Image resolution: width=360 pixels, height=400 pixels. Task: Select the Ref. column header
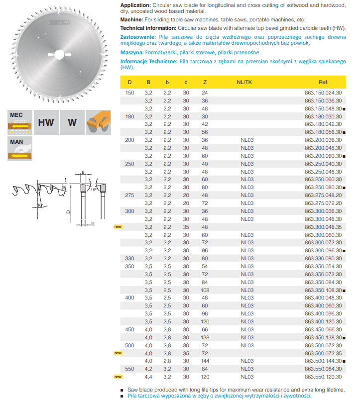click(x=324, y=82)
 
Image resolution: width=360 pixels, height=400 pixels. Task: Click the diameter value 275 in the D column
click(x=130, y=196)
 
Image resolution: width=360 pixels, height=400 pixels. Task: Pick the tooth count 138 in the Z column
click(x=205, y=337)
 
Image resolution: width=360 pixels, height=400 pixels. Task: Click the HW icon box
click(x=46, y=122)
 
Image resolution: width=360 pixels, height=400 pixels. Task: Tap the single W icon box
click(x=72, y=122)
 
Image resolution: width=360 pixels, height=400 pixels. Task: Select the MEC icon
click(x=20, y=122)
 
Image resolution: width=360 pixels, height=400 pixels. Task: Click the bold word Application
click(x=136, y=4)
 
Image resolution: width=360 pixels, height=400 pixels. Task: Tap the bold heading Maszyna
click(x=131, y=52)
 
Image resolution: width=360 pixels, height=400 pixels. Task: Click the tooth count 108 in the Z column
click(x=205, y=290)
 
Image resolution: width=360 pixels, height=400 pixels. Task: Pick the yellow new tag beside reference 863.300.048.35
click(x=118, y=227)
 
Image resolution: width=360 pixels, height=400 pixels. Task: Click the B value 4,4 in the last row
click(x=148, y=377)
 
